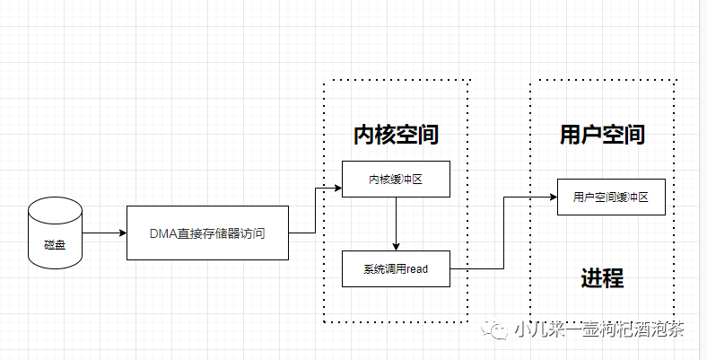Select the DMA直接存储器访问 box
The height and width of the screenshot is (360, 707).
point(207,233)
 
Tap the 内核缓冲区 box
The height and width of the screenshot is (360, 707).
point(396,180)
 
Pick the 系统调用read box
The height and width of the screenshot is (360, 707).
point(396,269)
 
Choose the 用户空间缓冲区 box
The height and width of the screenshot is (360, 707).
point(611,198)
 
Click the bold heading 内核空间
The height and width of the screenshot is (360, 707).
point(396,135)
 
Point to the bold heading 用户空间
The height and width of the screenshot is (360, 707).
point(602,135)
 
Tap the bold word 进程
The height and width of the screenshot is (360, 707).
point(602,278)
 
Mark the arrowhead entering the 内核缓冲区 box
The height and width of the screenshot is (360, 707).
point(337,189)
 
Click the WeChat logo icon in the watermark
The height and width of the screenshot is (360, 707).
point(496,329)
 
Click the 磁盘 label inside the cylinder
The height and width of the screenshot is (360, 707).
point(55,243)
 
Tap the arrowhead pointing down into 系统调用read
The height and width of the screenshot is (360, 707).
point(396,247)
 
